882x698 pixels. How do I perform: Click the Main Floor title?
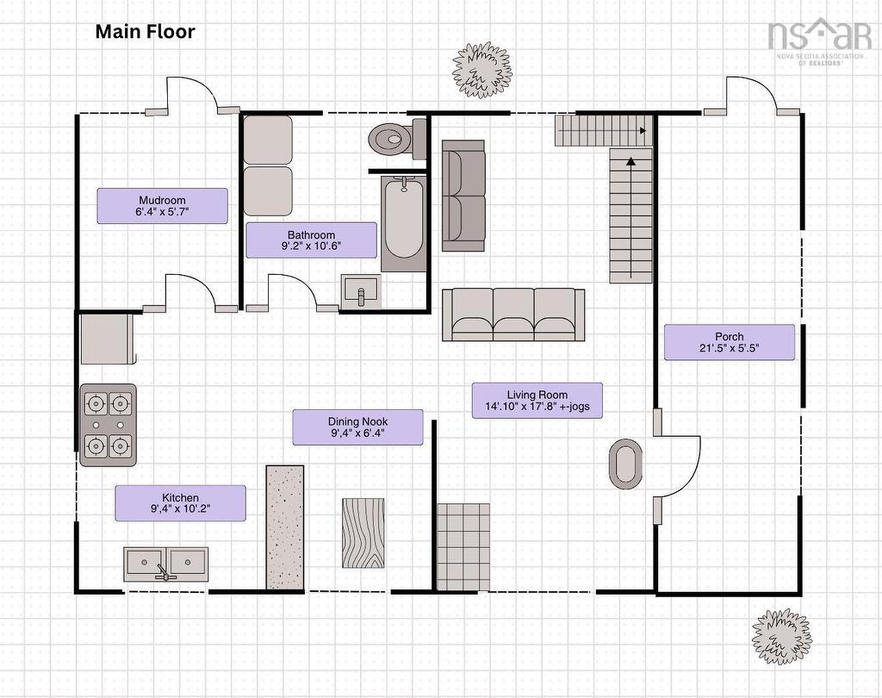coord(145,32)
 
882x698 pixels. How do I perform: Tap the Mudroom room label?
coord(162,206)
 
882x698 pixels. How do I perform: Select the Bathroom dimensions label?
coord(311,240)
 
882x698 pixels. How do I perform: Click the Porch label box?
coord(730,342)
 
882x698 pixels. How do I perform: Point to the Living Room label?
coord(537,401)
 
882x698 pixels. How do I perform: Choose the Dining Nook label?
coord(357,427)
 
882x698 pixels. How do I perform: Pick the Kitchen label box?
coord(181,503)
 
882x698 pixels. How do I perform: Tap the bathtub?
coord(403,223)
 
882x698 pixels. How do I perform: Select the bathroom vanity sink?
coord(361,291)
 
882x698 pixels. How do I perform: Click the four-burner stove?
coord(108,425)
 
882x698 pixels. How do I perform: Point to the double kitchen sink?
coord(165,564)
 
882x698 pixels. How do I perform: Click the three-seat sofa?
coord(513,315)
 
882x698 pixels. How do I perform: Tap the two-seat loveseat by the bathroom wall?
coord(463,196)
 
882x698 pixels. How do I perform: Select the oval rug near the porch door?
coord(625,464)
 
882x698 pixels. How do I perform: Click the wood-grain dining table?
coord(363,533)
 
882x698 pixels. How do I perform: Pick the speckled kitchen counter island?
coord(284,527)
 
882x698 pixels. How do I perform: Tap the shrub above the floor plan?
coord(482,69)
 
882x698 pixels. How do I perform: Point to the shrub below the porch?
coord(782,637)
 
